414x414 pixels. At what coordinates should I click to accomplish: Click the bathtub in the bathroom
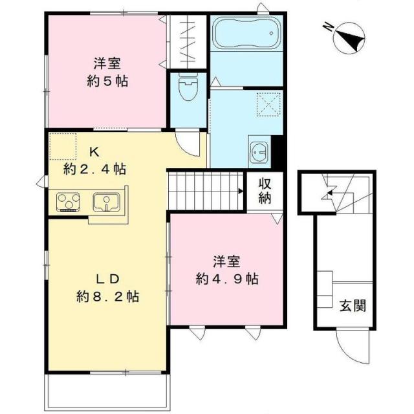point(246,34)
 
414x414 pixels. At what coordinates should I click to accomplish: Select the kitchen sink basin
point(105,202)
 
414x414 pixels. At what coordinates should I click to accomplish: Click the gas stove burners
point(67,202)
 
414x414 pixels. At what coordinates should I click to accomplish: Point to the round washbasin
point(259,153)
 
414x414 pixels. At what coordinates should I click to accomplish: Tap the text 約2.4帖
point(94,169)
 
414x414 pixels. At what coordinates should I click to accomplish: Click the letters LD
point(107,279)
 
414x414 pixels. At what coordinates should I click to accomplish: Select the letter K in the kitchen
point(94,153)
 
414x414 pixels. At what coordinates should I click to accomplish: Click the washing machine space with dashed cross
point(268,103)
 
